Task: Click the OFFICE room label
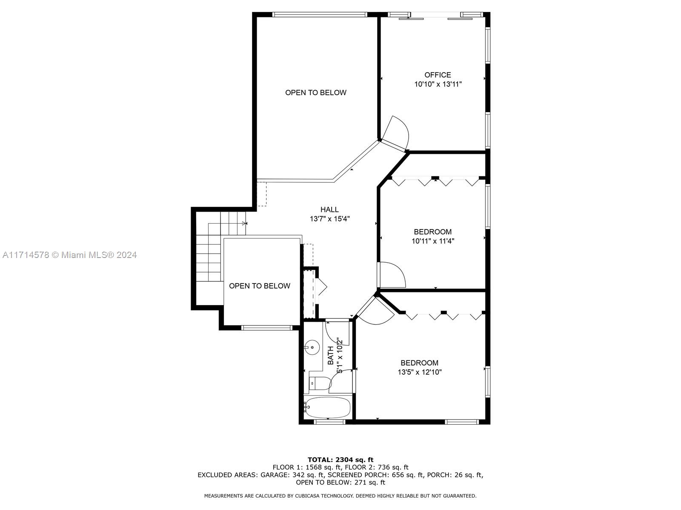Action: [438, 75]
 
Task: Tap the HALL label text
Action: [329, 210]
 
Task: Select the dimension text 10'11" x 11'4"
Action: [433, 241]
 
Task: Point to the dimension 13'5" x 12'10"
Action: [420, 372]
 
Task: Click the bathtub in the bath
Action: [328, 407]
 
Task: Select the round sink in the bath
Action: [312, 346]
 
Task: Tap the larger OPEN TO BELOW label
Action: [315, 93]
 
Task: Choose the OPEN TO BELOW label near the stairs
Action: [260, 286]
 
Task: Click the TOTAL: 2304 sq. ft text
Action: [340, 459]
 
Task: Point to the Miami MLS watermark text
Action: [69, 255]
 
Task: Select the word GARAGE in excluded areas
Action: [272, 475]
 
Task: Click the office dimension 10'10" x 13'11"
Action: [438, 84]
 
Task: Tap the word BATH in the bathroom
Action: [331, 355]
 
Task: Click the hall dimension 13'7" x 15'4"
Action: [329, 219]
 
